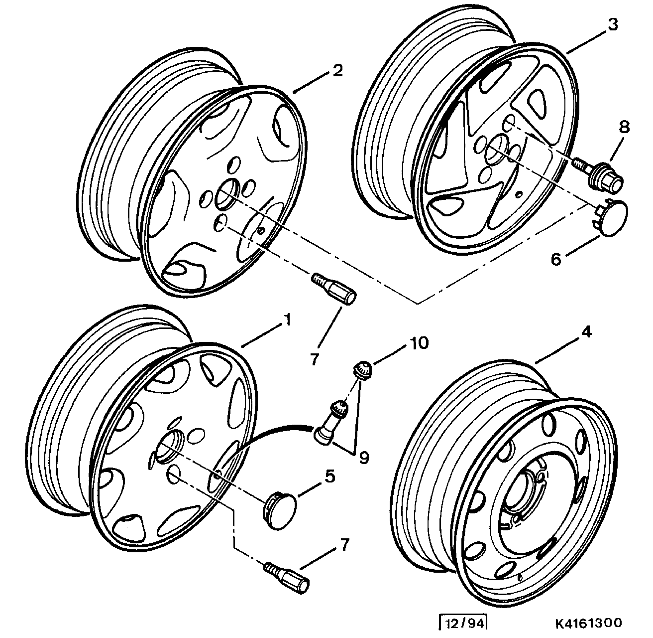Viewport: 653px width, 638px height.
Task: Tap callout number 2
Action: pos(337,71)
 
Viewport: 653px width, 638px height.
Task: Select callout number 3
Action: pos(613,24)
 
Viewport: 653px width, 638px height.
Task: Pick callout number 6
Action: pos(556,259)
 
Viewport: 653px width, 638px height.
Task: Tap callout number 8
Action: pos(624,127)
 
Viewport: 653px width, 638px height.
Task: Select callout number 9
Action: pos(364,458)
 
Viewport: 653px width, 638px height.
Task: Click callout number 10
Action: pos(419,343)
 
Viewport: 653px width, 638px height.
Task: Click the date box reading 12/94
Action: pos(463,624)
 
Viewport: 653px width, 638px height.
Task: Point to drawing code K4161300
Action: pos(588,623)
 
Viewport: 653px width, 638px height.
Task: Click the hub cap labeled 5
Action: pos(279,511)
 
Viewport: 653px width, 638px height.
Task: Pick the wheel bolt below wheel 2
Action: pos(334,288)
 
